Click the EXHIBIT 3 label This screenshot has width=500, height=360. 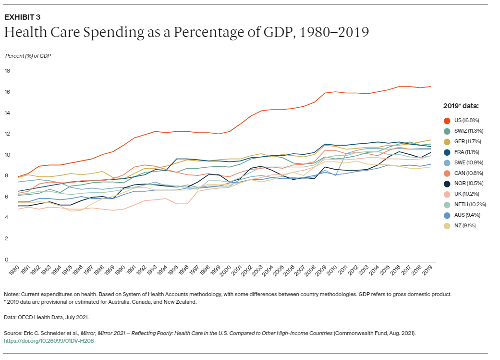[x=22, y=17]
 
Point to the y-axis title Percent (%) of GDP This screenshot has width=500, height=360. [x=28, y=56]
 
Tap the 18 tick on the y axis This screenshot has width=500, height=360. [x=7, y=71]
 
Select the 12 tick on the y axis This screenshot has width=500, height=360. [x=7, y=134]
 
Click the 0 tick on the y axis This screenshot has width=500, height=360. [x=6, y=260]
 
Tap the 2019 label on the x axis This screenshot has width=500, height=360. [x=427, y=270]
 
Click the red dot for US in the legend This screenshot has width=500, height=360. [x=447, y=120]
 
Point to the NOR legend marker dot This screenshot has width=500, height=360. [x=447, y=183]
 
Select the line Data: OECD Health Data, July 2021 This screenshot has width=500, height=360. [x=46, y=317]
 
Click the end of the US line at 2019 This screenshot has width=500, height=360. [x=430, y=87]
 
